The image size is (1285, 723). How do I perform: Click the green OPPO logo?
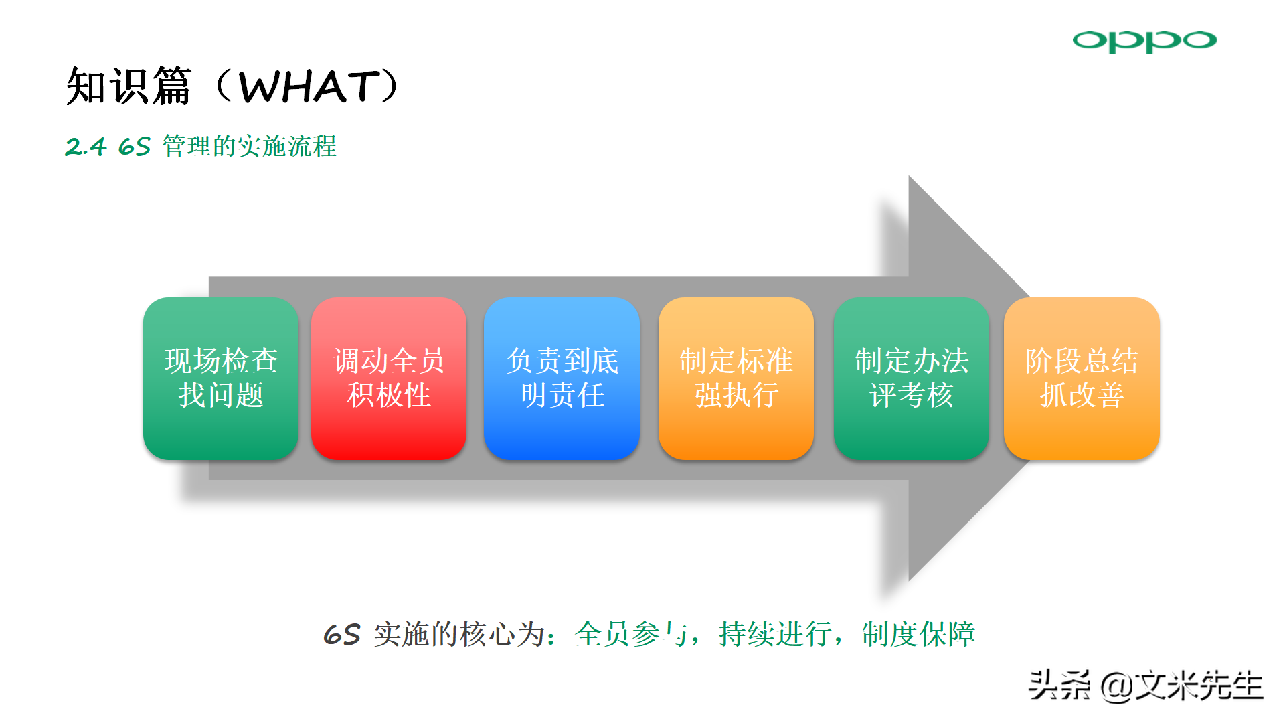click(1144, 42)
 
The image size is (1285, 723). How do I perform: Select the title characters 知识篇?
click(129, 86)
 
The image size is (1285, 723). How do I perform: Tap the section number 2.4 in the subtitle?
click(86, 147)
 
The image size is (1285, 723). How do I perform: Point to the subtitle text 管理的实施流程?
click(249, 146)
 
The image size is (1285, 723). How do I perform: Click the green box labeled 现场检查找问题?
click(221, 378)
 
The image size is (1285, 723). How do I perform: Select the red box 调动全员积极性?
click(389, 378)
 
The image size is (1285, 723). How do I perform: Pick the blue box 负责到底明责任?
click(562, 378)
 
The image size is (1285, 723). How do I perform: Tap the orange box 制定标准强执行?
click(736, 378)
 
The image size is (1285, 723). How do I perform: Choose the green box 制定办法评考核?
click(912, 378)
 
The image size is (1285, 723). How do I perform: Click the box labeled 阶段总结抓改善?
click(1082, 378)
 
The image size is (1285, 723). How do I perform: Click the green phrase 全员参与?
click(631, 634)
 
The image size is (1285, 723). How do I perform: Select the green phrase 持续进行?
click(775, 634)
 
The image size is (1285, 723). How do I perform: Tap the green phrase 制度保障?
click(918, 634)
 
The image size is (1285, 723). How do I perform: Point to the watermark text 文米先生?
click(1199, 686)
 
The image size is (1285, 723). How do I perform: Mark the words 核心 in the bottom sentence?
click(488, 634)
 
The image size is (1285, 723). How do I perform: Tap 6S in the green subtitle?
click(134, 147)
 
